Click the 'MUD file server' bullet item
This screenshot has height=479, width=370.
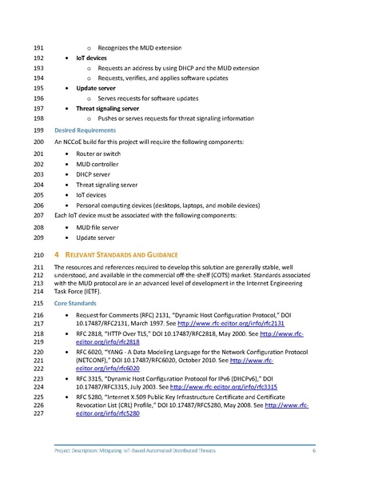click(x=101, y=227)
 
